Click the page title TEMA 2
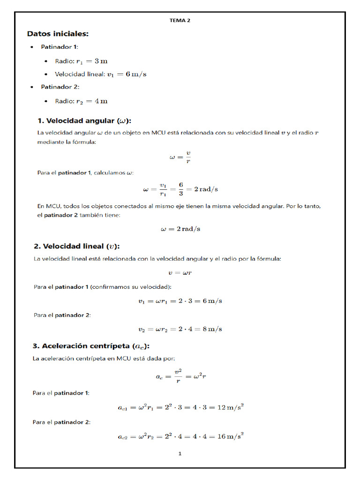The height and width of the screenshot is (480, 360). click(180, 20)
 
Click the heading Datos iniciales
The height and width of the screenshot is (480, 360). click(58, 34)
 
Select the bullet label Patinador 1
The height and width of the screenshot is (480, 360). click(60, 47)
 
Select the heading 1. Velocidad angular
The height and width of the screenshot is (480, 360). click(84, 120)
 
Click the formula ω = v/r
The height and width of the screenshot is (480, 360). click(180, 157)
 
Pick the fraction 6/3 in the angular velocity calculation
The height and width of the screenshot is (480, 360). click(180, 189)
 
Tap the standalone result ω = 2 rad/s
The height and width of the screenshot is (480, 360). click(180, 229)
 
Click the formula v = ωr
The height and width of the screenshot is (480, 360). click(180, 272)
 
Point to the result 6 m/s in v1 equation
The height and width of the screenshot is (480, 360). click(211, 301)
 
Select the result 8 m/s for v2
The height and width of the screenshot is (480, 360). click(211, 329)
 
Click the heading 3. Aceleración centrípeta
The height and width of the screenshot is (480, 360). click(91, 346)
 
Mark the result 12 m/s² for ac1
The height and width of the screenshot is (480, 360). click(229, 407)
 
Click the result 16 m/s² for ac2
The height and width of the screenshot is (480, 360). click(229, 436)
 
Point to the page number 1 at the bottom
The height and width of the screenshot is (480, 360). click(180, 454)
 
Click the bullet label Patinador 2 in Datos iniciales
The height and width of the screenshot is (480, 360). click(60, 87)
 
